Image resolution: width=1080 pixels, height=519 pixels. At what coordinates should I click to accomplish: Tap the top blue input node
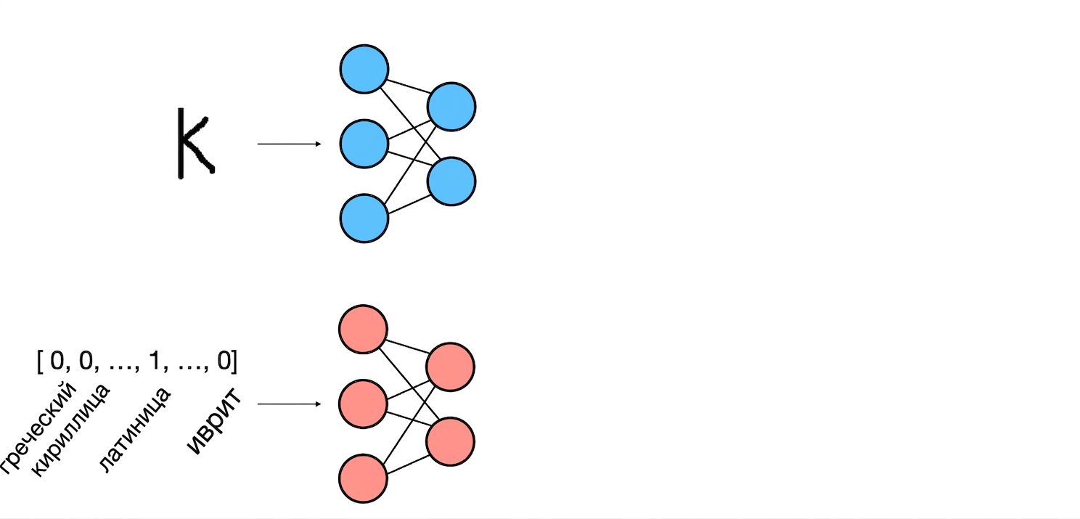pyautogui.click(x=364, y=69)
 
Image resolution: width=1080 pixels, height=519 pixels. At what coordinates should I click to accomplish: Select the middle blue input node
pyautogui.click(x=364, y=144)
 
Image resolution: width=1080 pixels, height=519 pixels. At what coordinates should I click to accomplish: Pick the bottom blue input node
pyautogui.click(x=364, y=218)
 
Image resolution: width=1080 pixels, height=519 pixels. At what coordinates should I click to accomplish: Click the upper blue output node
pyautogui.click(x=451, y=107)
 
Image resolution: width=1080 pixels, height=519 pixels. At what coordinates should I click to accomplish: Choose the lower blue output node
pyautogui.click(x=451, y=181)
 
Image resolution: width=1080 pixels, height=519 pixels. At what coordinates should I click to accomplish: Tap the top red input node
pyautogui.click(x=363, y=329)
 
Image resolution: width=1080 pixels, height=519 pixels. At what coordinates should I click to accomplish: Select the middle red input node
pyautogui.click(x=363, y=404)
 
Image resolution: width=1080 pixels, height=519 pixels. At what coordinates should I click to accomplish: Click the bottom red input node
pyautogui.click(x=363, y=478)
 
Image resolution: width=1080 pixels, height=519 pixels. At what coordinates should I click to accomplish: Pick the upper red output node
pyautogui.click(x=450, y=367)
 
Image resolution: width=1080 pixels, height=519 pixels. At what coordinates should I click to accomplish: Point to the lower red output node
pyautogui.click(x=450, y=441)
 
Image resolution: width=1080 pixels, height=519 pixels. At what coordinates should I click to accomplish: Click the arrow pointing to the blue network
pyautogui.click(x=290, y=144)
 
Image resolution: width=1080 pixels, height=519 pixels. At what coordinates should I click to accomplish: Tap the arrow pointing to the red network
pyautogui.click(x=290, y=404)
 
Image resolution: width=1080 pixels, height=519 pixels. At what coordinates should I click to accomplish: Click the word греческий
pyautogui.click(x=38, y=428)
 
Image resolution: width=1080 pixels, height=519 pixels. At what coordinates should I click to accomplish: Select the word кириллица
pyautogui.click(x=71, y=430)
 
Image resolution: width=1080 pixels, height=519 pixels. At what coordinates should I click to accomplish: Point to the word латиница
pyautogui.click(x=135, y=429)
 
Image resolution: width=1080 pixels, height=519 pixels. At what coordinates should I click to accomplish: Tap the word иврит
pyautogui.click(x=214, y=421)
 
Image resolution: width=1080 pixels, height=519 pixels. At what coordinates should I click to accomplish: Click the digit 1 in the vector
pyautogui.click(x=155, y=360)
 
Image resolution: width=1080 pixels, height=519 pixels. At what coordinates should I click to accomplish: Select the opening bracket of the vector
pyautogui.click(x=40, y=361)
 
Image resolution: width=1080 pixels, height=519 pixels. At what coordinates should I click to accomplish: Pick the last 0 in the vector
pyautogui.click(x=224, y=361)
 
